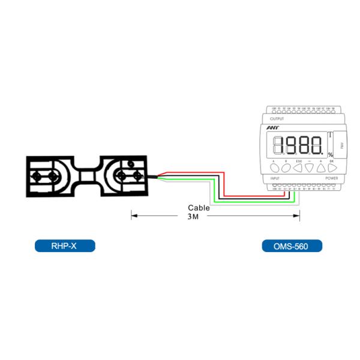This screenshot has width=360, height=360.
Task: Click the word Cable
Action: coord(199,208)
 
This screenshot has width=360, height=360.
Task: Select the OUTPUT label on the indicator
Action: coord(278,120)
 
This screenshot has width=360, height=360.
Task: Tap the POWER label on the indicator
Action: coord(332,178)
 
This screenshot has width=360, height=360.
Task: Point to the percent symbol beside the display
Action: coord(330,155)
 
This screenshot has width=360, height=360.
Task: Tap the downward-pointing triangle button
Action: coord(310,169)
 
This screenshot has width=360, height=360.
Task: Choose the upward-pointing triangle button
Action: coord(322,169)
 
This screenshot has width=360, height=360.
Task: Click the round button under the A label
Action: coord(274,169)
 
